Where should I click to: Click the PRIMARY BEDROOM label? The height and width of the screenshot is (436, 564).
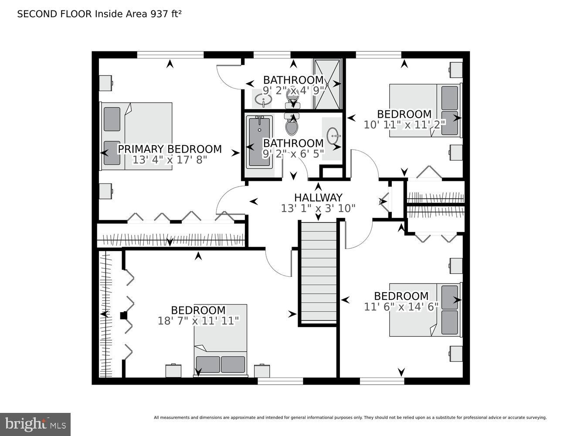point(170,149)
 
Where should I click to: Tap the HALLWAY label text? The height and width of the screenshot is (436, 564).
point(318,198)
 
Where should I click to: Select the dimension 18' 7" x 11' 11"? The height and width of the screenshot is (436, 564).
point(198,321)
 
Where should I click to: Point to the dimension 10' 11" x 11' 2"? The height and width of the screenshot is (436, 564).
point(404,124)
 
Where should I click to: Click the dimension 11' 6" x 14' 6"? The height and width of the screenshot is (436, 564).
point(401,307)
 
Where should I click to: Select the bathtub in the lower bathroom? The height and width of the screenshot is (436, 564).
point(259,142)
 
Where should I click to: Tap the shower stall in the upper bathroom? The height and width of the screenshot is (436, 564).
point(327,84)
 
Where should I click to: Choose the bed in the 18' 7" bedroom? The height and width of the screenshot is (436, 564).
point(220,340)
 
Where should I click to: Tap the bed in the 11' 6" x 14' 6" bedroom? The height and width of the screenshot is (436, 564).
point(425,310)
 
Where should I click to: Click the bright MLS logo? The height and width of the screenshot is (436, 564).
point(35,424)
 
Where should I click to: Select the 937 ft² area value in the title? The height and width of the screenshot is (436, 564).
point(166,14)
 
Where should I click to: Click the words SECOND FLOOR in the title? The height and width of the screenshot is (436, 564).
point(54,14)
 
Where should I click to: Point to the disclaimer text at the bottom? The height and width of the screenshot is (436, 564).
point(350,418)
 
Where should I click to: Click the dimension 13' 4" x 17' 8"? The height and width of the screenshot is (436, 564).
point(170,160)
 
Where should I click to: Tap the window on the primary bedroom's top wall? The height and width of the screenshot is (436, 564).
point(170,54)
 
